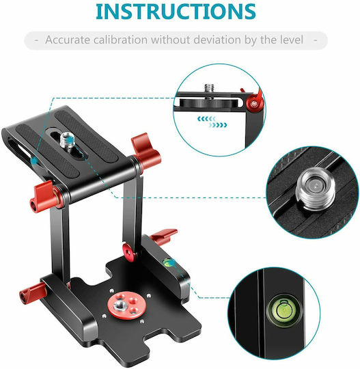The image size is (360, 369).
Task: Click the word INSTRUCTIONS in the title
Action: [x=176, y=12]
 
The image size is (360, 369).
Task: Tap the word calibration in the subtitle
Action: [x=120, y=40]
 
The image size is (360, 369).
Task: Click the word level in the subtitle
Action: [x=291, y=40]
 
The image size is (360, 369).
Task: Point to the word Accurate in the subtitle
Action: [x=68, y=40]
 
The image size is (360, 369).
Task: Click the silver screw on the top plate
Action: [x=66, y=141]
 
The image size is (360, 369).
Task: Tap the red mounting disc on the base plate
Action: [x=126, y=305]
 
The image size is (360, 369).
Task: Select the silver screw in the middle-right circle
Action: [x=316, y=189]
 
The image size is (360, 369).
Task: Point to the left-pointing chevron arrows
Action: [x=206, y=119]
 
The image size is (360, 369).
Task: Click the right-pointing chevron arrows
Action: [x=218, y=125]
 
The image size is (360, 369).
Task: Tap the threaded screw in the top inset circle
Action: [x=208, y=90]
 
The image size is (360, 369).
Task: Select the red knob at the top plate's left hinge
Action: [x=45, y=196]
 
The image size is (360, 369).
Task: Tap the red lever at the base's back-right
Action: [x=164, y=236]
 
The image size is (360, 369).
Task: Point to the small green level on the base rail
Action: [x=168, y=263]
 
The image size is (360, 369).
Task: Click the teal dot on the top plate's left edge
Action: [x=34, y=161]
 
